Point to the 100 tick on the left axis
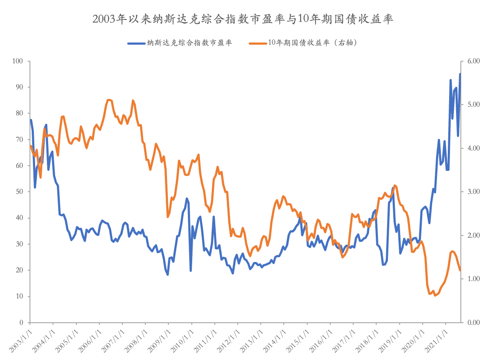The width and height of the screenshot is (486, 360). click(x=18, y=61)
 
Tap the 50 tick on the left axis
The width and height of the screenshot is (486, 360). click(x=20, y=192)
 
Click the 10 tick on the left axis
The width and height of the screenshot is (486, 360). click(x=20, y=296)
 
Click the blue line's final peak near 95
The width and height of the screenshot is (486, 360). click(x=460, y=74)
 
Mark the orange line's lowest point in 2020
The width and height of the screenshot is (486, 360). click(x=435, y=295)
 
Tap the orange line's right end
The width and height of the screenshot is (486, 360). click(x=460, y=270)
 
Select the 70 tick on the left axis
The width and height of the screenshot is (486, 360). click(x=20, y=140)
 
